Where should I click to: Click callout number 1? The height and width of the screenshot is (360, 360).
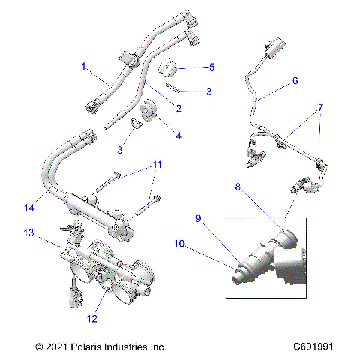tap(84, 67)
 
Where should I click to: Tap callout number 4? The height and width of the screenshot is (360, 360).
tap(178, 136)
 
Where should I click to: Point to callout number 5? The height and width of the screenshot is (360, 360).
tap(211, 67)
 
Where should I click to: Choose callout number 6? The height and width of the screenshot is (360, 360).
tap(295, 79)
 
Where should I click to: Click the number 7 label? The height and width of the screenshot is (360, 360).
tap(320, 107)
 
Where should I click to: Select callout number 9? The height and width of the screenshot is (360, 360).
tap(199, 218)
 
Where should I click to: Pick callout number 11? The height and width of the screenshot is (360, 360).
tap(157, 163)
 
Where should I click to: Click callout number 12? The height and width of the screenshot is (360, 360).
tap(91, 319)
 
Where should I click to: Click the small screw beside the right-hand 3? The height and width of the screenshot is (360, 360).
tap(171, 87)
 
